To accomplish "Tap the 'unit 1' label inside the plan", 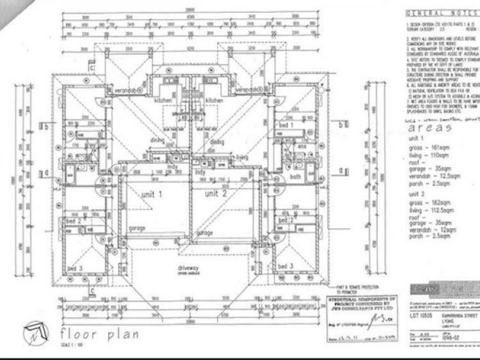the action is (152, 193).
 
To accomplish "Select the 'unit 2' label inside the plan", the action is (217, 193).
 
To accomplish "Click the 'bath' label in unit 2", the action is (295, 177).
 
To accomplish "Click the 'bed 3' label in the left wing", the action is (75, 268).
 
